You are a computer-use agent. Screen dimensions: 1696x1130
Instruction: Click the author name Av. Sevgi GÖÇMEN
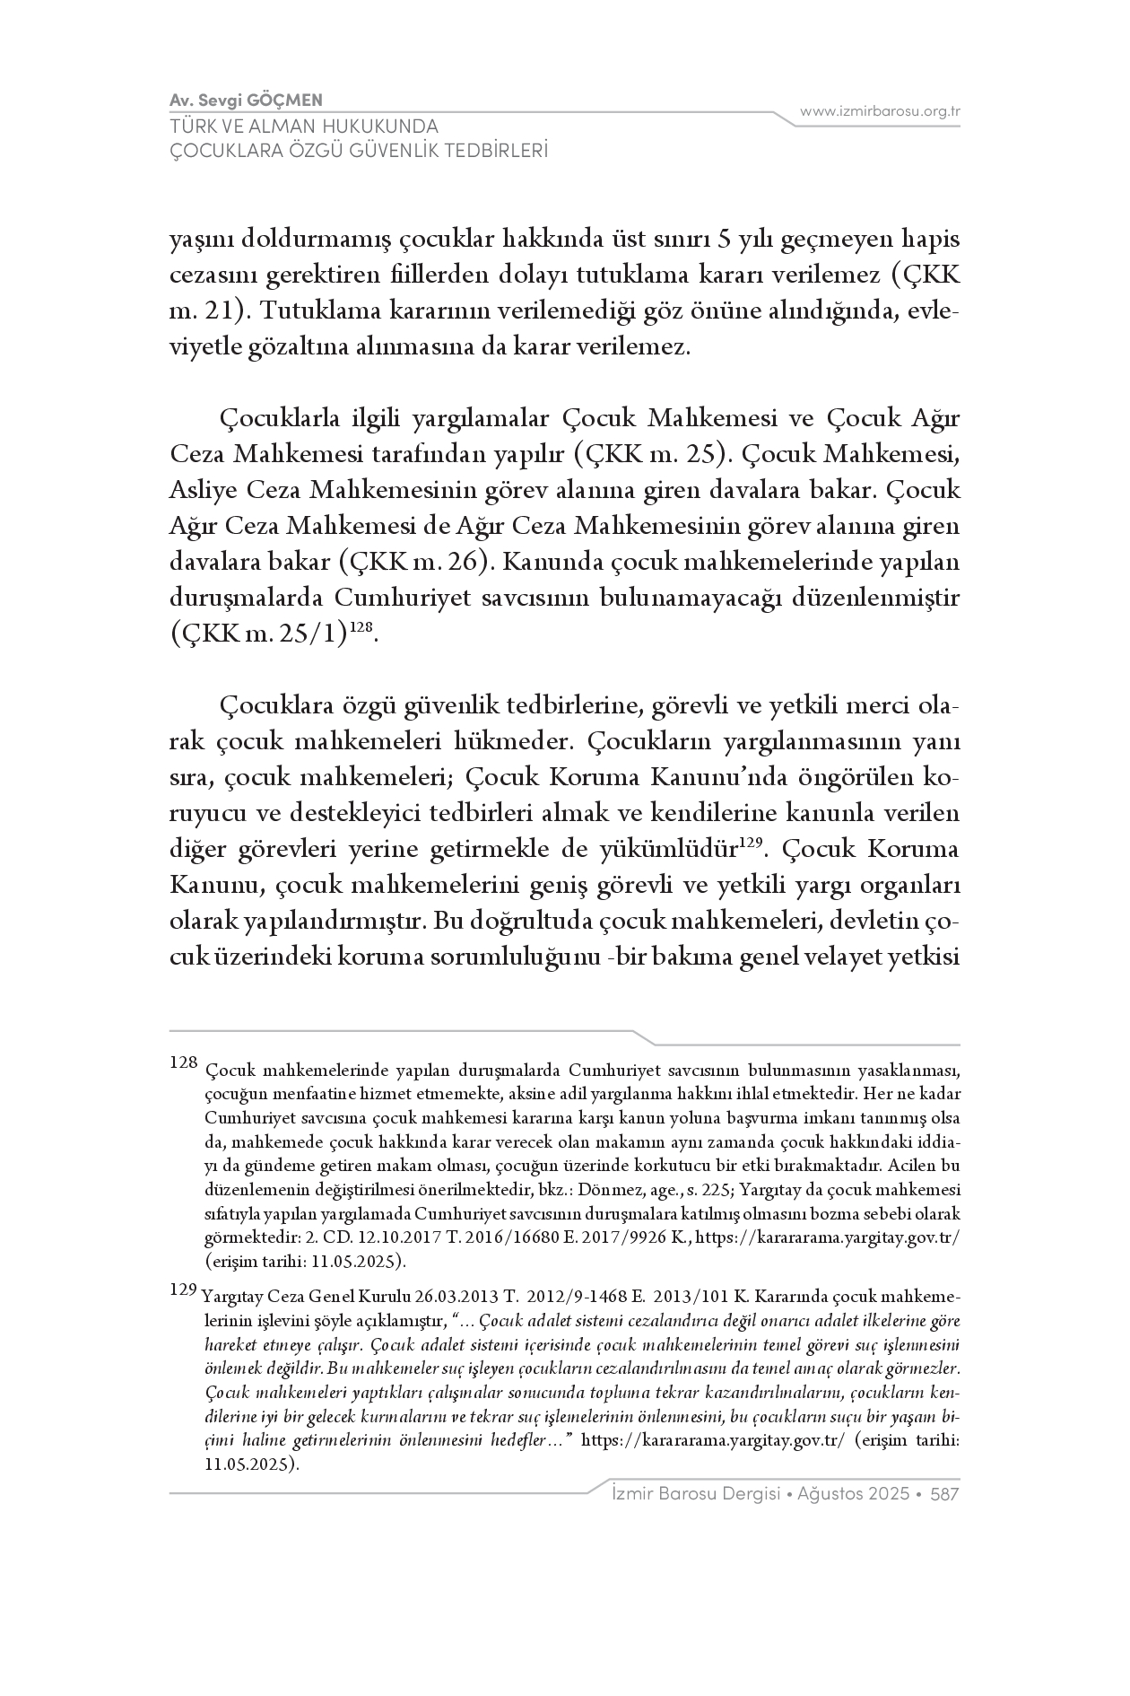tap(246, 100)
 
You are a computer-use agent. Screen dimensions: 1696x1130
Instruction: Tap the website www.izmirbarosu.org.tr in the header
tap(880, 111)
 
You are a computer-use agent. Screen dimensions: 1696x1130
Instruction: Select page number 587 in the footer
tap(945, 1494)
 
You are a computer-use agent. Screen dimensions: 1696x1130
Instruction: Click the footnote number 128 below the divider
tap(183, 1063)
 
